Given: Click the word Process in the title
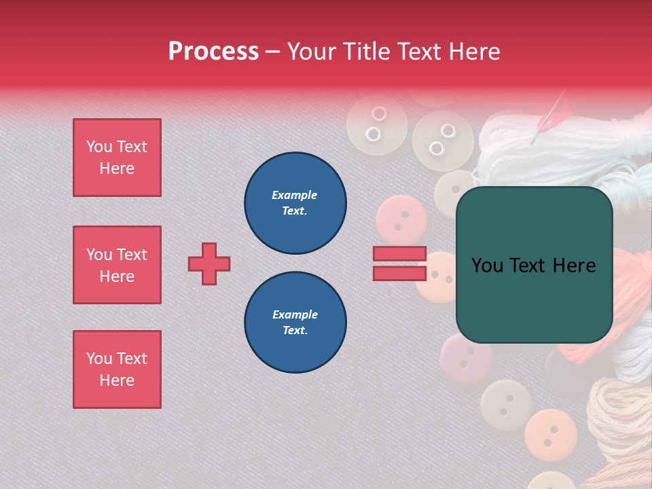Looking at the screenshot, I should coord(213,52).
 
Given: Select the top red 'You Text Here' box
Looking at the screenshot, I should coord(117,158).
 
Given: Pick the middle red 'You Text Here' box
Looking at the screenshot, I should coord(117,265).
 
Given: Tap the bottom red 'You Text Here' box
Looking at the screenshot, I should coord(117,369).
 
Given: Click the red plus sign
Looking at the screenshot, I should coord(209,264).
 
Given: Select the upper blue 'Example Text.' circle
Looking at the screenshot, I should coord(295,203).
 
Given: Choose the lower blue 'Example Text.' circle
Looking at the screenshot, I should coord(295,323).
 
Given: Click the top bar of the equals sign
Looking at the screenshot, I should coord(399,254).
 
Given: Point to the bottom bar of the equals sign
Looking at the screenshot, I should coord(399,274).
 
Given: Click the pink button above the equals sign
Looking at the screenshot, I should coord(401,219).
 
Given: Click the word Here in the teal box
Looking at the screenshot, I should coord(574,266).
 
